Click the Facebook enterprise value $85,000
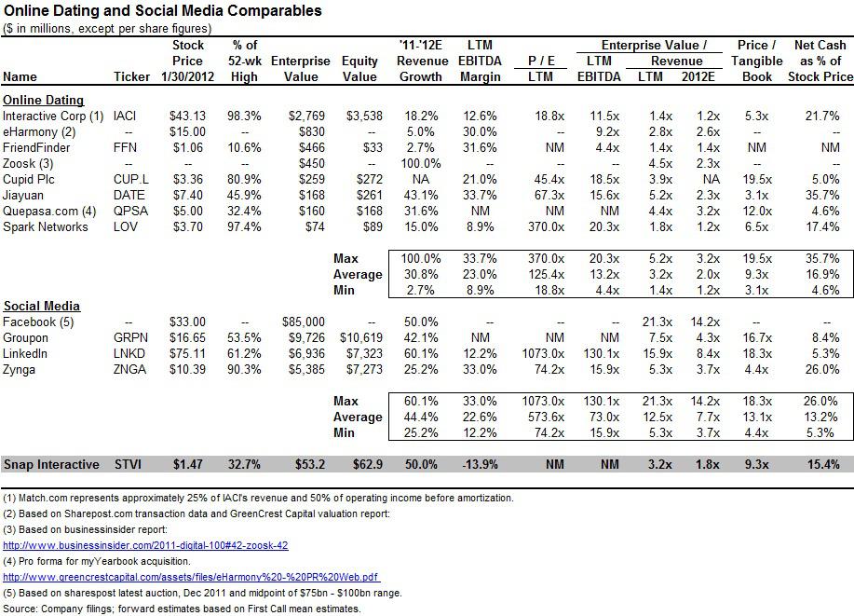[304, 322]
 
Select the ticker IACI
[125, 116]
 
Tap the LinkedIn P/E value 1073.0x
[543, 354]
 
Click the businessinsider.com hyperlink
[145, 545]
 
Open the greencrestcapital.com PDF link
[191, 577]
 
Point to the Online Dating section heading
[44, 101]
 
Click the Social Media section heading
[41, 307]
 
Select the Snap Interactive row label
[51, 464]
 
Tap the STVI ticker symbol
[128, 464]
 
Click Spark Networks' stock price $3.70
[188, 226]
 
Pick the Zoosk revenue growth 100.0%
[420, 163]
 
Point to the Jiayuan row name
[23, 195]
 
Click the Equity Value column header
[359, 69]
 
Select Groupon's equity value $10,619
[361, 338]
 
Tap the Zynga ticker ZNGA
[129, 370]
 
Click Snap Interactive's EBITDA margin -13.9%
[480, 464]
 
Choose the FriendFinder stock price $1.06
[188, 148]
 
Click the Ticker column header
[132, 76]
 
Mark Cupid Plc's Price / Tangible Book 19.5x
[757, 179]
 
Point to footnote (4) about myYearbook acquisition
[97, 561]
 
